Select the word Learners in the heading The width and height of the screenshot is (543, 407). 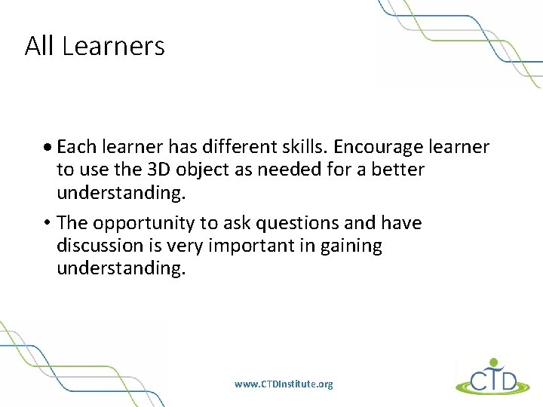point(113,47)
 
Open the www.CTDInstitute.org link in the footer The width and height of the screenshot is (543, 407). point(284,384)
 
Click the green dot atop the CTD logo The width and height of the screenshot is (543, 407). point(494,361)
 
